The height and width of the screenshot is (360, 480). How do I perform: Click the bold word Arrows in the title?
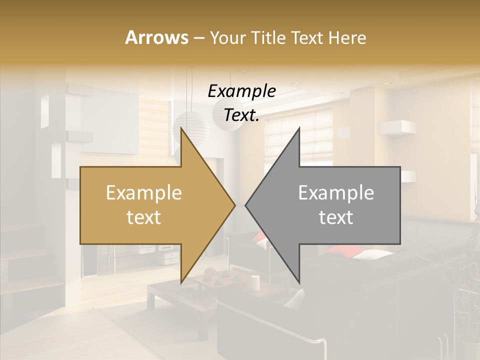[x=156, y=37]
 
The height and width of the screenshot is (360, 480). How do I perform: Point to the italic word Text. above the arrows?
[x=241, y=115]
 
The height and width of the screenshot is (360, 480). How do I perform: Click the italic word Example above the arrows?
[x=241, y=91]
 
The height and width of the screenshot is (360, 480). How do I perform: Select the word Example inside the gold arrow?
[x=144, y=193]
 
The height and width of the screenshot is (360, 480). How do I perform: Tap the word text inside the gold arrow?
[x=144, y=217]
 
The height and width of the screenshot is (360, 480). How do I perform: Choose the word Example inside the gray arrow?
[x=336, y=193]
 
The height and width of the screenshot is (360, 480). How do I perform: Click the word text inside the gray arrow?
[x=336, y=217]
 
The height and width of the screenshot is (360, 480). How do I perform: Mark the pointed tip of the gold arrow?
[x=234, y=205]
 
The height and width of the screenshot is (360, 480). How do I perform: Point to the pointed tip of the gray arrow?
[x=246, y=205]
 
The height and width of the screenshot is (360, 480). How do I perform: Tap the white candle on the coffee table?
[x=255, y=282]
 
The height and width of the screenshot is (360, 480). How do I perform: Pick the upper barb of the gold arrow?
[x=182, y=130]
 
